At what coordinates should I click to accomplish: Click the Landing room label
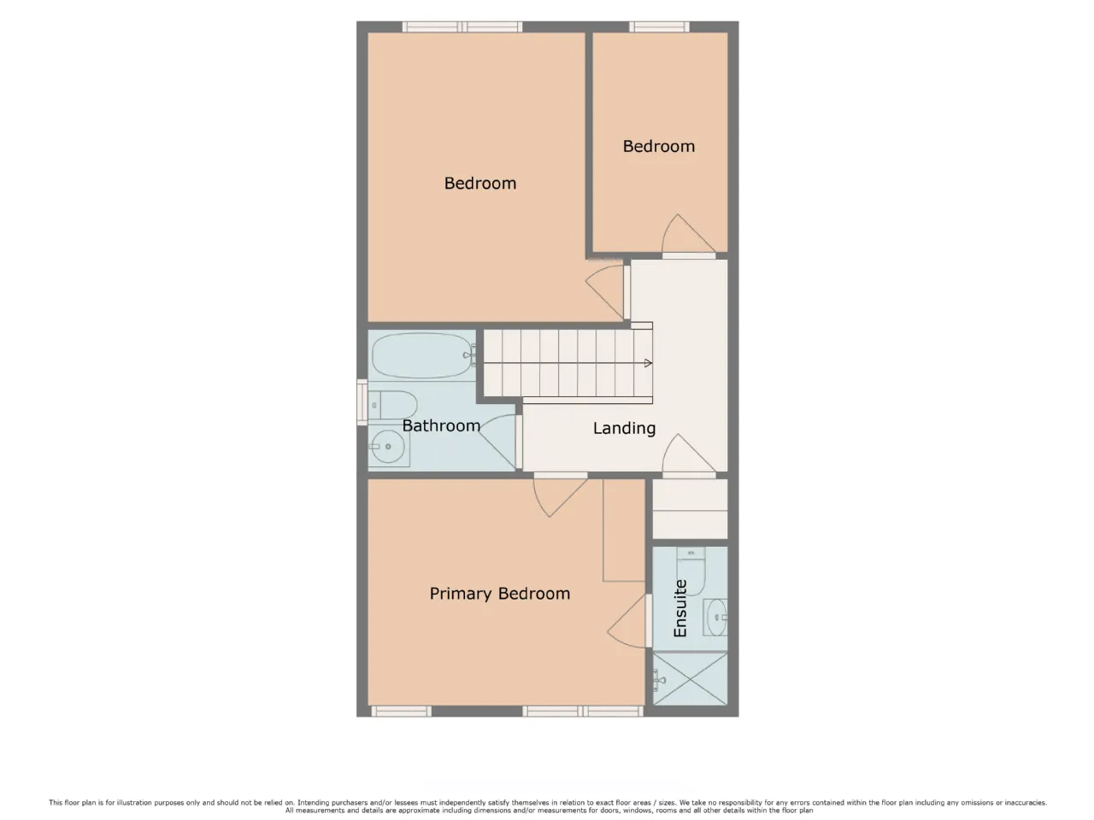(624, 428)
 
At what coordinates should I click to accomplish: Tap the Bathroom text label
(441, 425)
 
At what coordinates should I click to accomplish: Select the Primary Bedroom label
(499, 594)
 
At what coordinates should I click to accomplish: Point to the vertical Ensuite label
(680, 608)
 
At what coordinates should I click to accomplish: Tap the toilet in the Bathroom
(393, 405)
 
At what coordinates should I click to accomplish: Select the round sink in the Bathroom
(389, 447)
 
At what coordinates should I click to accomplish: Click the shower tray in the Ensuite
(690, 678)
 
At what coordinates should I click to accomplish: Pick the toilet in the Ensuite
(691, 571)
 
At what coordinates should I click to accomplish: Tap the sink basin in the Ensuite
(715, 618)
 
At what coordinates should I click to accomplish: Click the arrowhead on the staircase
(648, 363)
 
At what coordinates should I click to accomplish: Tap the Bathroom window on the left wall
(362, 402)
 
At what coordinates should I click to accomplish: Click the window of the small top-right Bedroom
(659, 26)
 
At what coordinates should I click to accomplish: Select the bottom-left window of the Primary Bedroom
(401, 712)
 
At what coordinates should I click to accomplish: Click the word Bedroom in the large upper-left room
(480, 183)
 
